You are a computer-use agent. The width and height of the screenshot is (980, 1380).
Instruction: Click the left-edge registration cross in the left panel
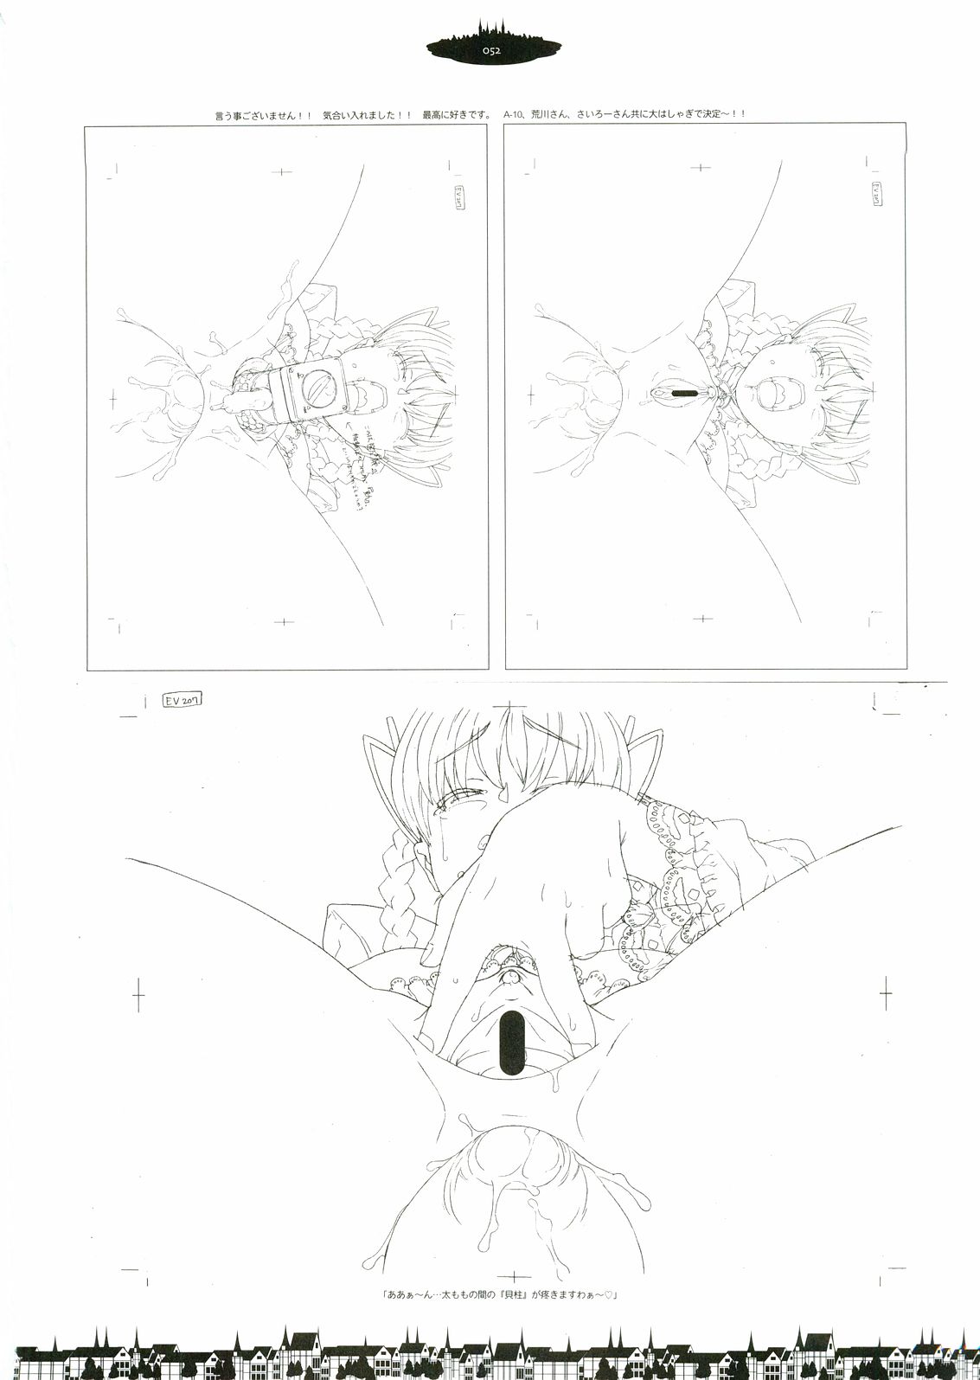(x=112, y=397)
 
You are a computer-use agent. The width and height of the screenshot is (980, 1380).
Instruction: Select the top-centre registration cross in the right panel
(x=701, y=166)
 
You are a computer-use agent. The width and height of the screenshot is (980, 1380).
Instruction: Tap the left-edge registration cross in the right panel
(x=530, y=397)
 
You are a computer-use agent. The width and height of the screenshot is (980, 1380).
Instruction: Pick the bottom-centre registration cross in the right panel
(x=702, y=618)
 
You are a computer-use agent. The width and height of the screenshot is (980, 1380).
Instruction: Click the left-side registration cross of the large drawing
(x=138, y=994)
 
